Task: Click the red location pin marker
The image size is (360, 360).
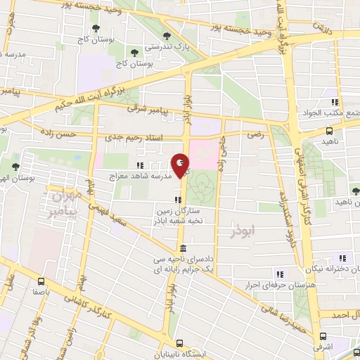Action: (x=181, y=165)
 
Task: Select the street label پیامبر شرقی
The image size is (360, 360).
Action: (x=147, y=109)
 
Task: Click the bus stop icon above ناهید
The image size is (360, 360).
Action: (x=330, y=131)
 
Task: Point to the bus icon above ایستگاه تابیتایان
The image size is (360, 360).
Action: (x=181, y=344)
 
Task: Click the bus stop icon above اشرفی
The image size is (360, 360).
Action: (x=323, y=336)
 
